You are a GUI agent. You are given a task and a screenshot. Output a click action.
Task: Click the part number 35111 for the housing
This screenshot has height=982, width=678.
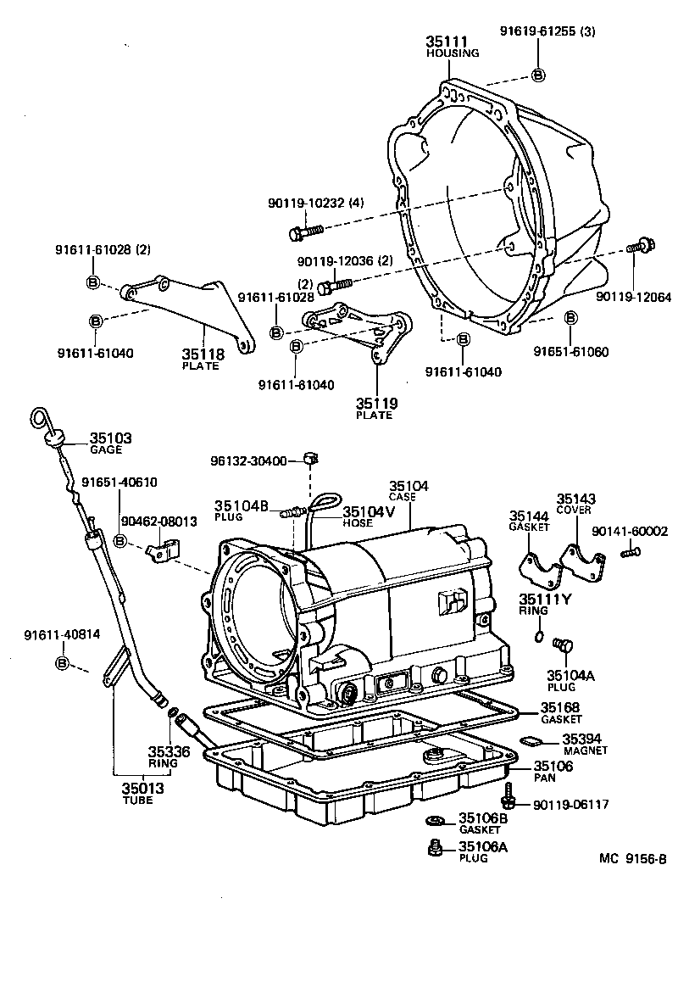click(x=444, y=41)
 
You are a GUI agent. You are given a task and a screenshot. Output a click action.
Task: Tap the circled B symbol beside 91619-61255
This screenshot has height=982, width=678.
click(x=537, y=75)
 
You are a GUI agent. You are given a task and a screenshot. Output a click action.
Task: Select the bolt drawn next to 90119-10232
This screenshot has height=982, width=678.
click(x=306, y=230)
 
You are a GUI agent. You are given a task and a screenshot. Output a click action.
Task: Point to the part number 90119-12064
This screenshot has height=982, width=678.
click(x=632, y=298)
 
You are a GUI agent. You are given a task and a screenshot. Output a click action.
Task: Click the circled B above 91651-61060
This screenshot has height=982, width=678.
click(x=570, y=318)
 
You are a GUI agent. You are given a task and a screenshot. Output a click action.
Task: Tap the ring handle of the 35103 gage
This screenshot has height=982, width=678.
click(x=39, y=417)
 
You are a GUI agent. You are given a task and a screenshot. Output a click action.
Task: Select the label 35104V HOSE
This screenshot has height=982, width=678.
click(x=369, y=516)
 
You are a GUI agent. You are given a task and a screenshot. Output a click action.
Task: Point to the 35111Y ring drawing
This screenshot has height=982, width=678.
click(x=540, y=636)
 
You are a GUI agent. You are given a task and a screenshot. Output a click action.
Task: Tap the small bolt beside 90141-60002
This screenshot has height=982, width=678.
click(x=630, y=553)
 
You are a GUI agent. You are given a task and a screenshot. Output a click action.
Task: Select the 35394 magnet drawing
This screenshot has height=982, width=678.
click(x=531, y=740)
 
